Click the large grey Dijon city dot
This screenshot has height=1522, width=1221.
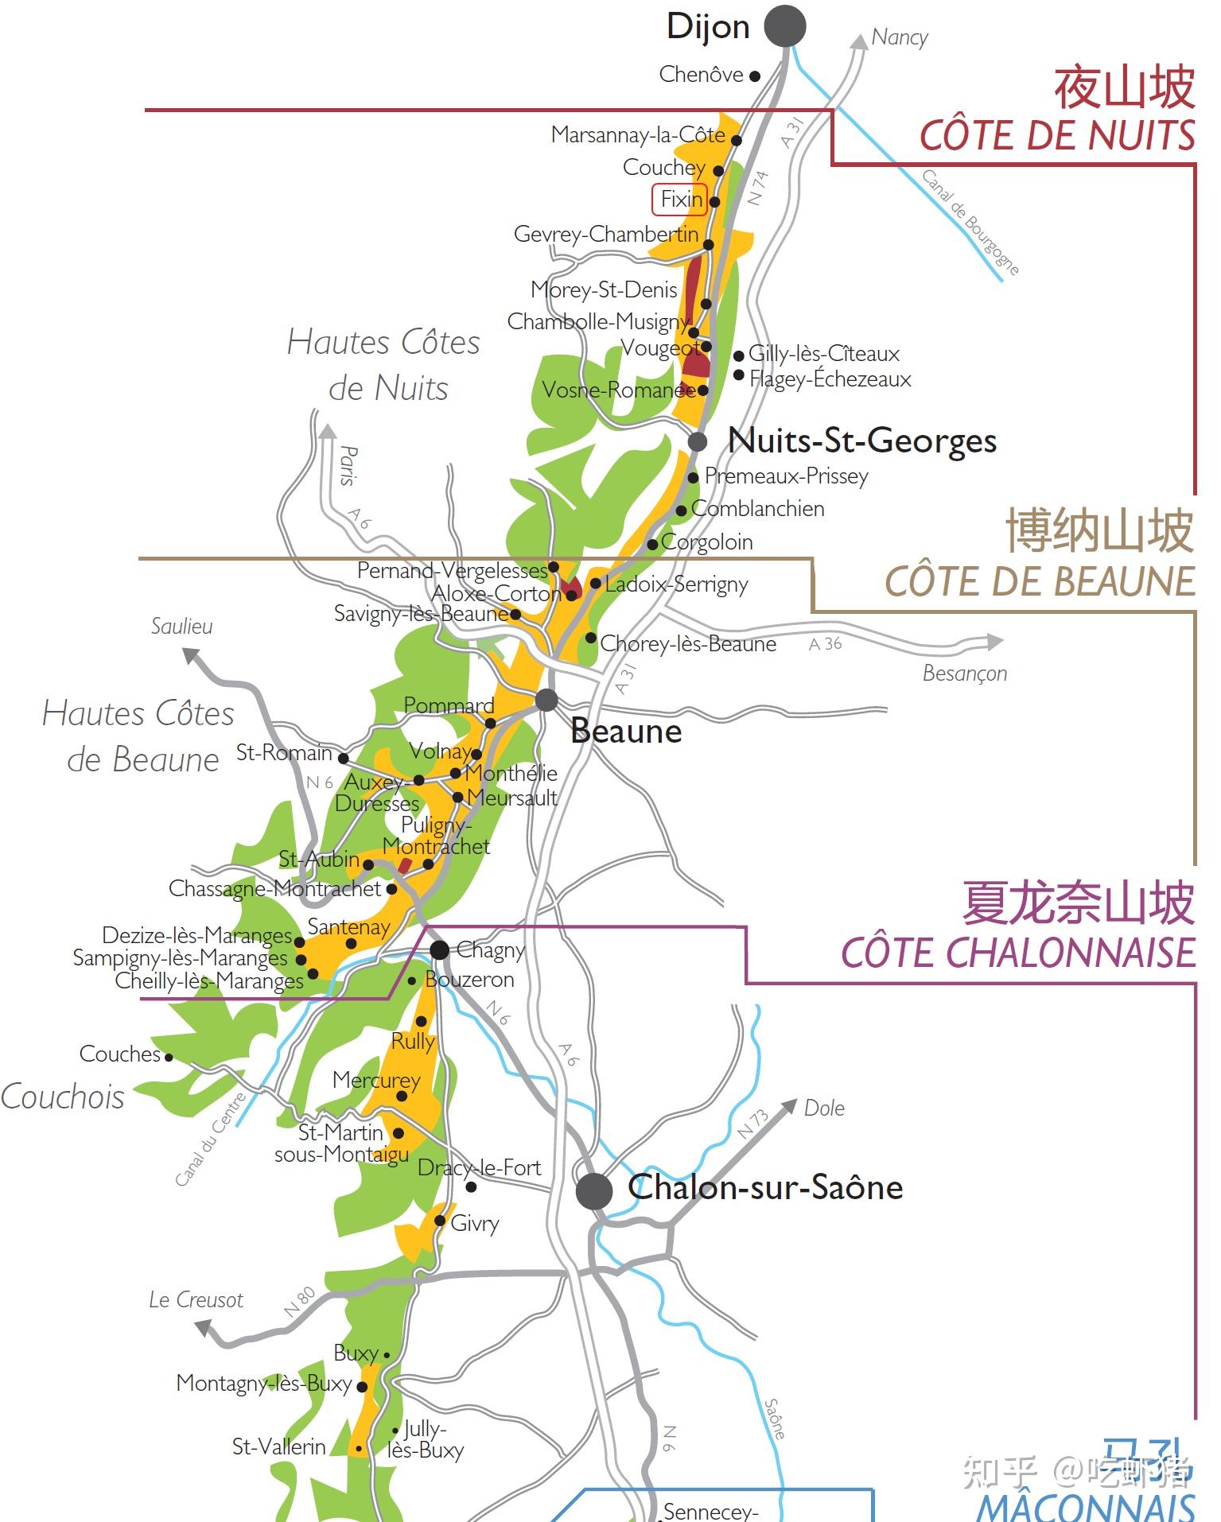(784, 26)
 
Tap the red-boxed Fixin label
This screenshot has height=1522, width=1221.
(680, 200)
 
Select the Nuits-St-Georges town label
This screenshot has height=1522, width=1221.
(862, 441)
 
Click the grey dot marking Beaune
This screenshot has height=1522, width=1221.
(546, 700)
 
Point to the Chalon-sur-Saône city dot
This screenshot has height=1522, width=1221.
(594, 1191)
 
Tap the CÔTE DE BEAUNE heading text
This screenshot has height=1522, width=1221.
(1039, 581)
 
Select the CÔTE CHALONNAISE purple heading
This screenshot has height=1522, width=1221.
(1017, 953)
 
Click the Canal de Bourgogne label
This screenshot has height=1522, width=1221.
(970, 222)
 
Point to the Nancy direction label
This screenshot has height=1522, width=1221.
(900, 37)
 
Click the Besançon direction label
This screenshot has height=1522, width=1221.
(964, 674)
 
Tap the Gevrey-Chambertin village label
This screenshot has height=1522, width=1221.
(606, 235)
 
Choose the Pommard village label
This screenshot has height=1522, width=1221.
(449, 705)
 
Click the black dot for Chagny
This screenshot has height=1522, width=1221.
(439, 949)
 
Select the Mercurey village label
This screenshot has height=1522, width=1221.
(376, 1080)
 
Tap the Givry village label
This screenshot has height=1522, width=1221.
(475, 1223)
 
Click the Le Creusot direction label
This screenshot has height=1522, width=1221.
(196, 1300)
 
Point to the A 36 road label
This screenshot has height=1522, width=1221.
(825, 644)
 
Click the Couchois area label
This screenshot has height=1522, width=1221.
(63, 1097)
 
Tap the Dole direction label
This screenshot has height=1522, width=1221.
(824, 1108)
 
